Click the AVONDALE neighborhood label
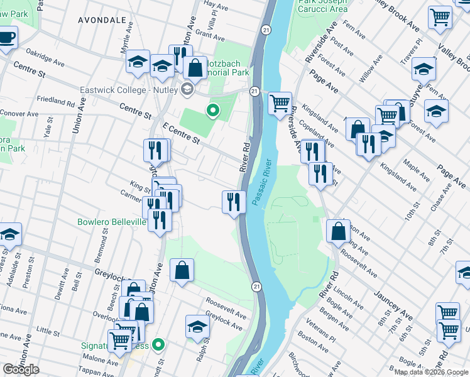point(102,20)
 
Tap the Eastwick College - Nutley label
point(129,89)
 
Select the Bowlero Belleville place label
point(112,222)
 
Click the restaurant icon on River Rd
point(234,202)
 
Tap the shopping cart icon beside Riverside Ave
point(280,102)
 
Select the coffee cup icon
point(8,38)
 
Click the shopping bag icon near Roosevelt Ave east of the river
point(338,231)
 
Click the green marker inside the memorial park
point(213,111)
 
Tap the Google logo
point(21,369)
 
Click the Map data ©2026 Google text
point(431,372)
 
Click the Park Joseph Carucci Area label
point(322,6)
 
